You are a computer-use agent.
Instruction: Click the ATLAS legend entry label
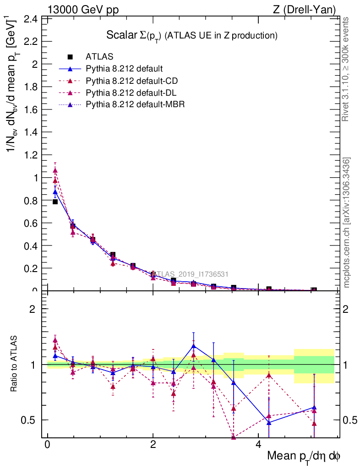tap(98, 57)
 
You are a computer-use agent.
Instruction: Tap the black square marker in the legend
tap(70, 57)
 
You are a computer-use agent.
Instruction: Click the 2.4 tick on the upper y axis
tap(30, 19)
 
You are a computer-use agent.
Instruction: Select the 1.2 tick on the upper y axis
tap(30, 155)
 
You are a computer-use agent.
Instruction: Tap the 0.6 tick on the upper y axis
tap(30, 223)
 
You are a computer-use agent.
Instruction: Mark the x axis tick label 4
tap(258, 445)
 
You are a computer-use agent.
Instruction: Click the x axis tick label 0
tap(48, 445)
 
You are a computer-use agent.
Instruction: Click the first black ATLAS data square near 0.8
tap(55, 202)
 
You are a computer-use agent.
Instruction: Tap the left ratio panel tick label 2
tap(33, 309)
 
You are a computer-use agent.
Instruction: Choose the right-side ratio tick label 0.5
tap(350, 420)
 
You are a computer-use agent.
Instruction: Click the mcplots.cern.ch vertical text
tap(347, 223)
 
